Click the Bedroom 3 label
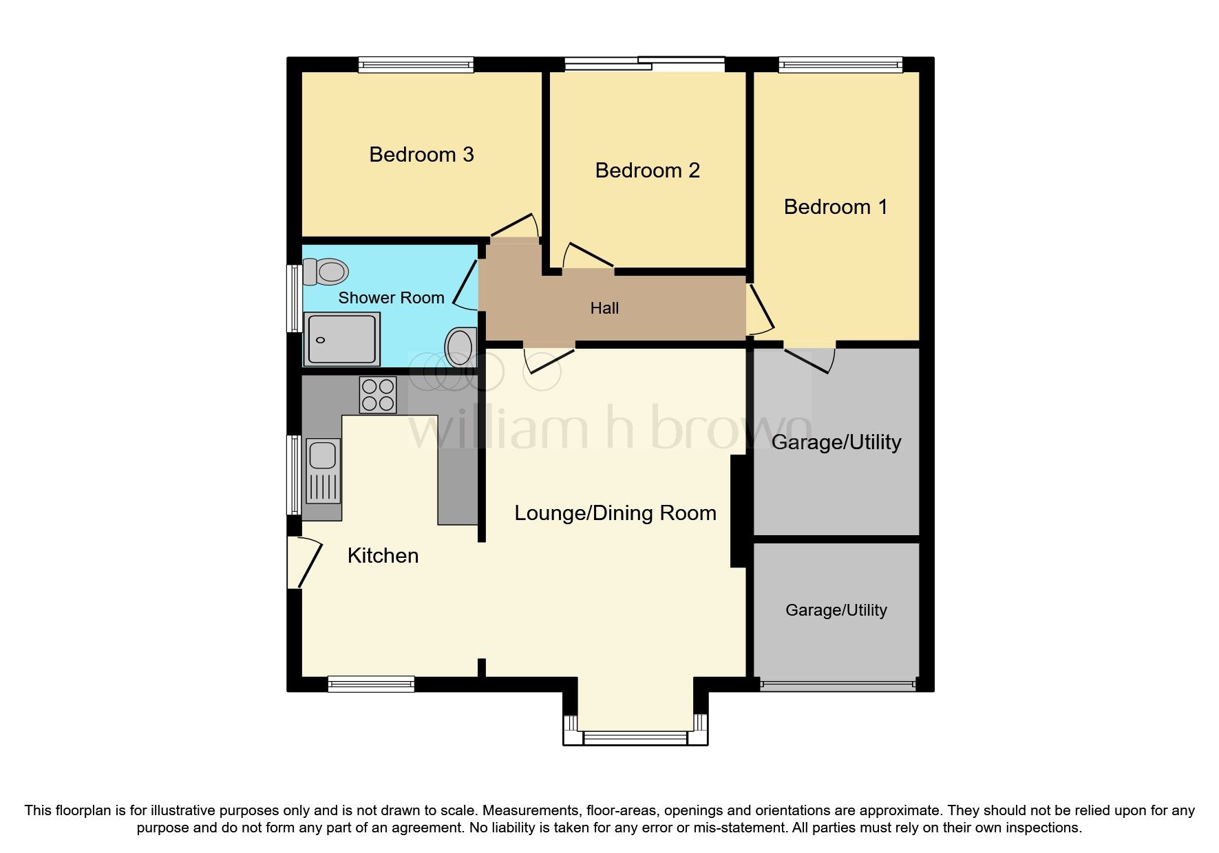pos(421,154)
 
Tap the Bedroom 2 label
pos(647,170)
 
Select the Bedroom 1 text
pos(836,206)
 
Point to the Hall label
pos(604,308)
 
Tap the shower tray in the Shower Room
pos(342,338)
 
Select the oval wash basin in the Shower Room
pos(460,347)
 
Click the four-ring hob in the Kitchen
pos(378,395)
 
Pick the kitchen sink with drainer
pos(322,471)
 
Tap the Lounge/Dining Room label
pos(615,512)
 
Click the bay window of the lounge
pos(635,737)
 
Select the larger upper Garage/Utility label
pos(836,442)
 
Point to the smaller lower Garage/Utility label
pos(836,610)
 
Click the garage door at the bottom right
pos(837,684)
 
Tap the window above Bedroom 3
pos(416,65)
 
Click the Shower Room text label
pos(391,297)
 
